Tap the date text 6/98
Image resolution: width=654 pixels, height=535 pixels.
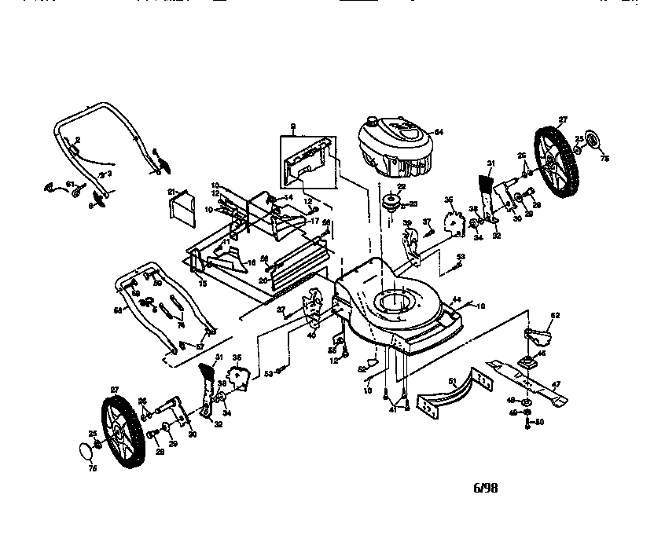click(485, 488)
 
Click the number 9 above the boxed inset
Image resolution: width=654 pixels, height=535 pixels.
click(292, 126)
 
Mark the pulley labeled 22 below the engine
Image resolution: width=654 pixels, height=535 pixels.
click(388, 201)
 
